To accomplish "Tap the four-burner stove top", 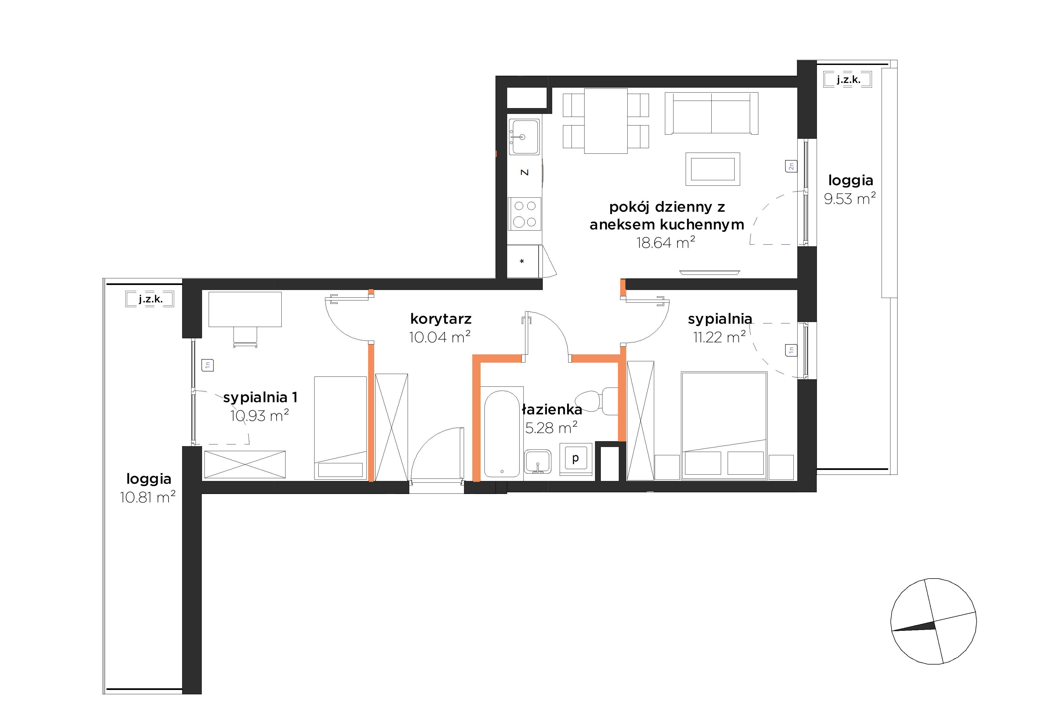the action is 525,214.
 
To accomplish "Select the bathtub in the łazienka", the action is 502,434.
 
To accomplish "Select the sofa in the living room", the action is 711,114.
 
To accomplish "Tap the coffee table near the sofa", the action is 713,169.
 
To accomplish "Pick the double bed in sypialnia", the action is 724,425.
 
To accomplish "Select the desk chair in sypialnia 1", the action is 245,337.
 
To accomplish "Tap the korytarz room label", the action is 441,319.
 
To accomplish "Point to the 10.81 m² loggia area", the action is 148,497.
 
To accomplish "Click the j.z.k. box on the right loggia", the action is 848,80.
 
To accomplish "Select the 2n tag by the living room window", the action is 791,166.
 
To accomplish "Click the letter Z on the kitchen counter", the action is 525,173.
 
